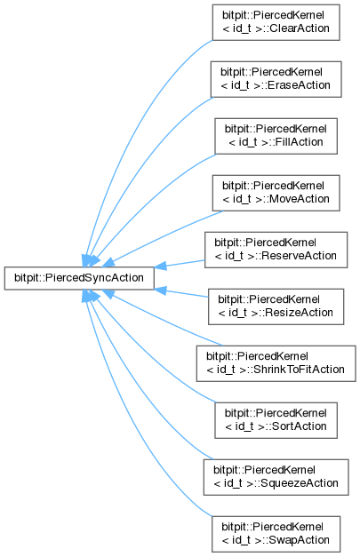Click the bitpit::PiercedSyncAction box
79,278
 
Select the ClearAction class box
276,22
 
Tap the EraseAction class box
276,79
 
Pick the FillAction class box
276,136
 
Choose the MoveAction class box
276,193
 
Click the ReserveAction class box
276,250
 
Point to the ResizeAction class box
276,306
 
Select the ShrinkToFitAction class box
276,363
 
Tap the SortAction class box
276,420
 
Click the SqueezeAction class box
276,477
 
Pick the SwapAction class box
276,534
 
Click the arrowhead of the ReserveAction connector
160,266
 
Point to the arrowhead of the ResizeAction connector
160,290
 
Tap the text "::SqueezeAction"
297,483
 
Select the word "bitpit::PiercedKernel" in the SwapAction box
272,527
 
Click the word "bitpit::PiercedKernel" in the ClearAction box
273,15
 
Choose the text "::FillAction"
292,142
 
